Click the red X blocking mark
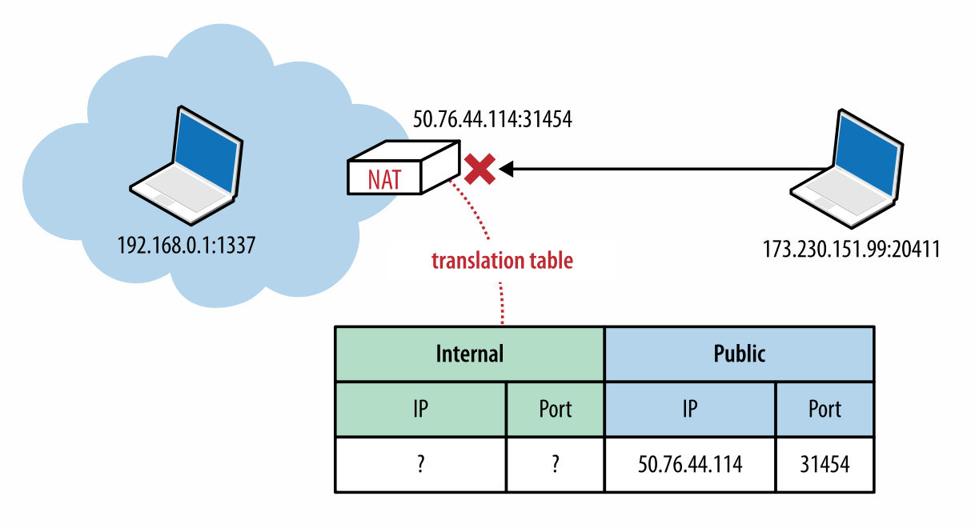479,170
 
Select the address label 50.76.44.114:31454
492,120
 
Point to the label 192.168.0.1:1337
187,244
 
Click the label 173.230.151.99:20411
850,249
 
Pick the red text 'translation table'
502,261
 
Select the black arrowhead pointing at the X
508,169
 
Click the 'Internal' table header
469,353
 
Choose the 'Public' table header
738,353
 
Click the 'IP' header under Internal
420,409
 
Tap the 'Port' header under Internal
555,409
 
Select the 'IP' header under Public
689,409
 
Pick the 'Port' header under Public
824,409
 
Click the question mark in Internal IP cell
420,465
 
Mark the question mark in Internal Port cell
555,465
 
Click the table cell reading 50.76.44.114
689,465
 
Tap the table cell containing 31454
824,465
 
